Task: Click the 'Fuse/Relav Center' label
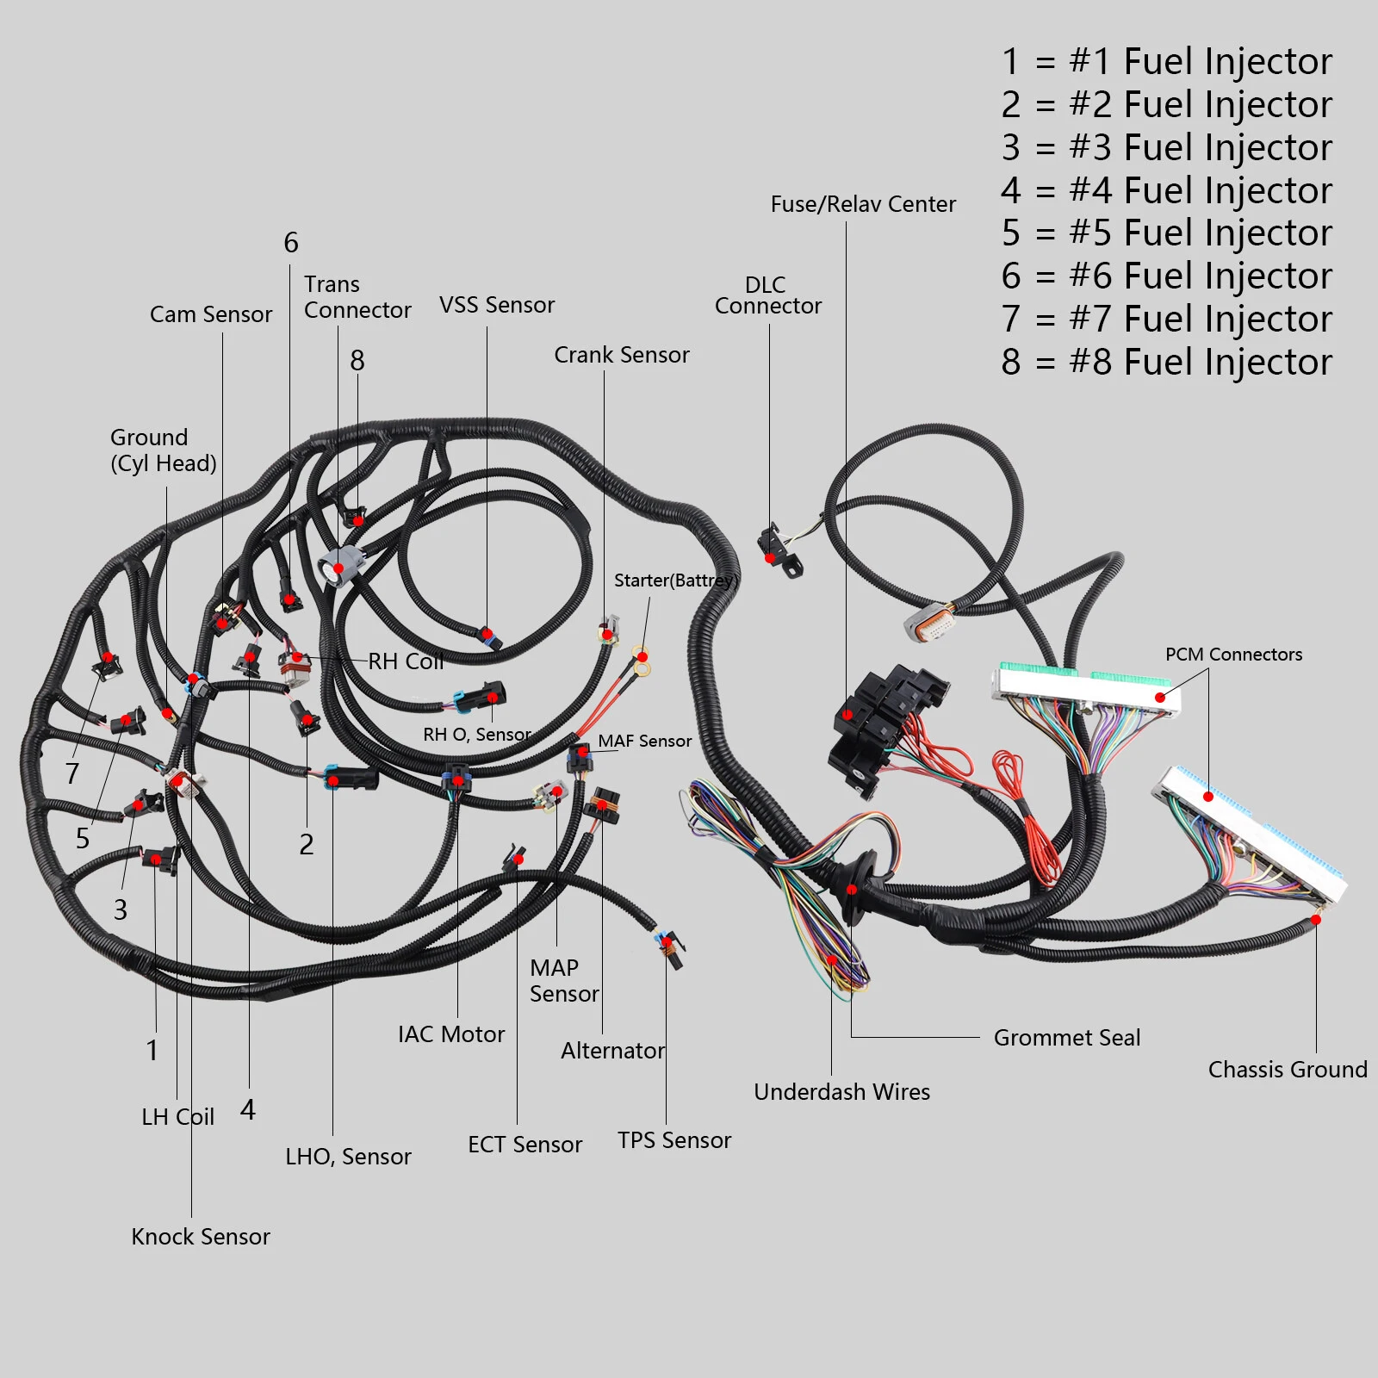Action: coord(863,204)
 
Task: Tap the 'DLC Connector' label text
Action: coord(768,295)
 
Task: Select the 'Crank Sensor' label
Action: coord(622,355)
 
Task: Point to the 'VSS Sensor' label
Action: coord(497,305)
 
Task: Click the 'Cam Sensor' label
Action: coord(211,314)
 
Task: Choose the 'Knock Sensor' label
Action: coord(201,1237)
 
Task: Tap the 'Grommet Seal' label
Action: coord(1067,1038)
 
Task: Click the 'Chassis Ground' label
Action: coord(1288,1070)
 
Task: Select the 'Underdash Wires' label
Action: coord(842,1092)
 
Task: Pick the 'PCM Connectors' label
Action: coord(1234,655)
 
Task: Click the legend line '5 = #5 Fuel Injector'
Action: coord(1167,233)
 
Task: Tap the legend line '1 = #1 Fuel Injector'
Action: coord(1167,61)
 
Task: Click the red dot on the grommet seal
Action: coord(852,890)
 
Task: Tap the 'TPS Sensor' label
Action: coord(674,1140)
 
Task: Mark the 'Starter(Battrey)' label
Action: coord(676,580)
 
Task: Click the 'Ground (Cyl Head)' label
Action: coord(164,450)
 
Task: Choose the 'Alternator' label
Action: coord(613,1051)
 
